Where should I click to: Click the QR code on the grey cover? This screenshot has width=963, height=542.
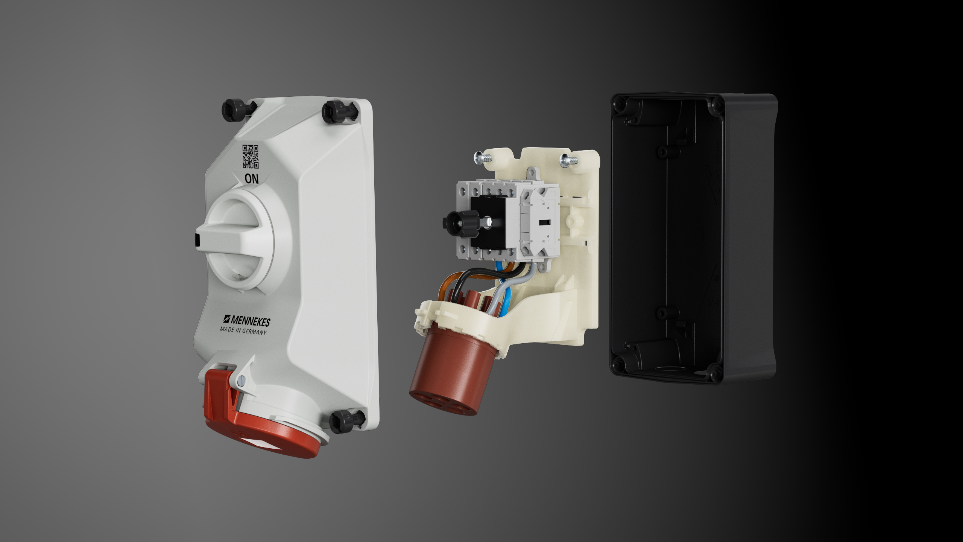coord(251,157)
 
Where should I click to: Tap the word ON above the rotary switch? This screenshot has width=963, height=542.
coord(252,179)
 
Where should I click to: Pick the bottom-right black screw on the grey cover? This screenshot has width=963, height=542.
coord(346,421)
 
